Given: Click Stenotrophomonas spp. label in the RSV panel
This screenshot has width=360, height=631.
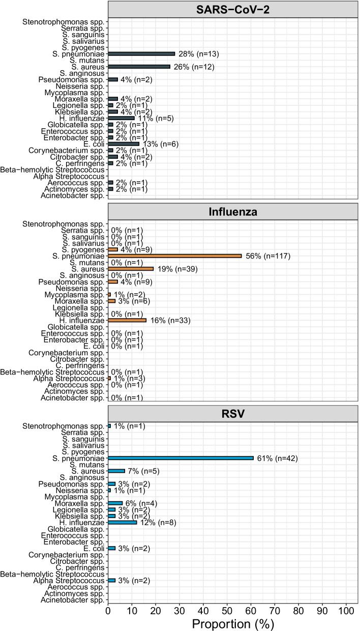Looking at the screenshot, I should pos(64,426).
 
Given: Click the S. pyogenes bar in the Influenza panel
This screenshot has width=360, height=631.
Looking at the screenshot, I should pos(112,249).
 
